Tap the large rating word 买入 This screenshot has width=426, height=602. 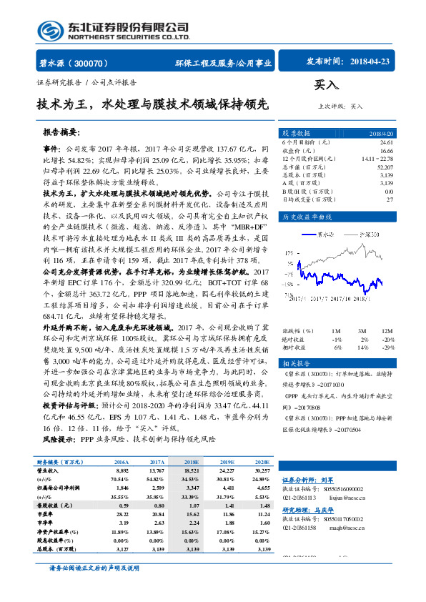tap(326, 86)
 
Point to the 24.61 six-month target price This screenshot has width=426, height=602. tap(385, 143)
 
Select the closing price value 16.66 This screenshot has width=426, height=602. tap(385, 151)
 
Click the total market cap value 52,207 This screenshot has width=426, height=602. tap(384, 167)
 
